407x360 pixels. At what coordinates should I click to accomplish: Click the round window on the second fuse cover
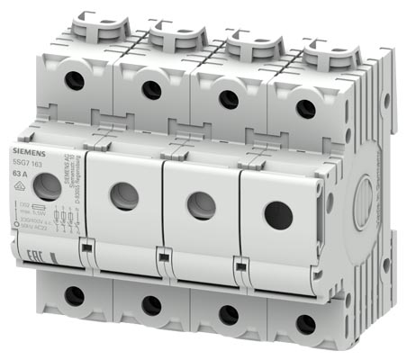124,195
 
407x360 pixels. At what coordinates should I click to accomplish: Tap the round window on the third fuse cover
201,205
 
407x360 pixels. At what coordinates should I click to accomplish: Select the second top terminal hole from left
151,89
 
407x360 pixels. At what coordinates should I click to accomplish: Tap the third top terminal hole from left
229,99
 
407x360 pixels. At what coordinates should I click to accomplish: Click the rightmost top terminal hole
306,109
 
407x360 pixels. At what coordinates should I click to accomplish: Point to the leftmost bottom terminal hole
74,294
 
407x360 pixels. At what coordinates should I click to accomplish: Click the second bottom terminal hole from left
151,305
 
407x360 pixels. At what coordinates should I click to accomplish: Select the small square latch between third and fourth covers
240,265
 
